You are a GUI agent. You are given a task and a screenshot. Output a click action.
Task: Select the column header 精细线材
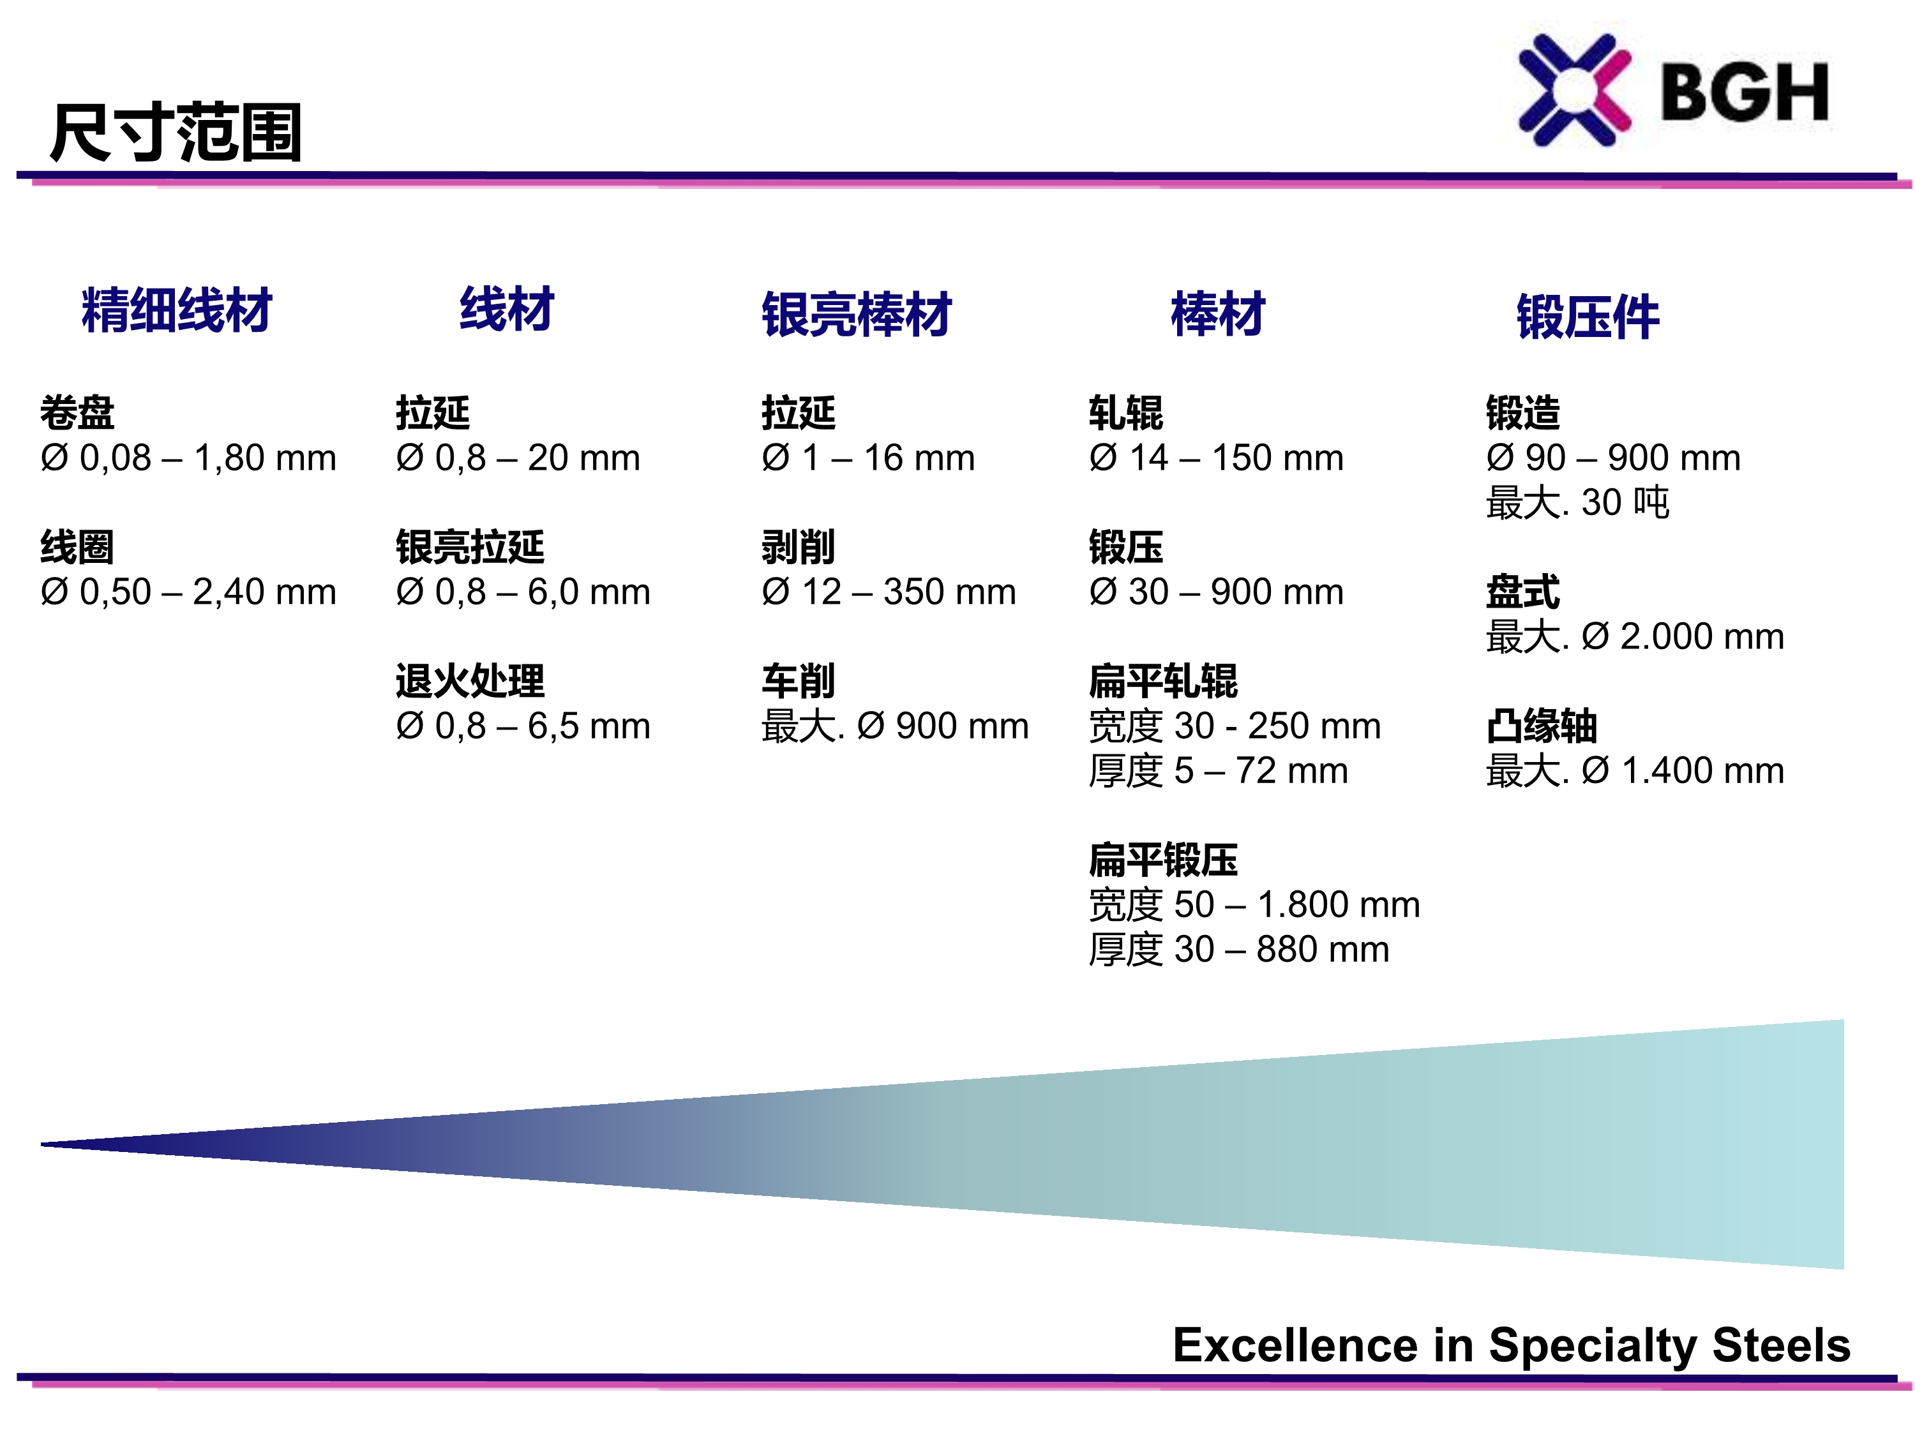click(177, 310)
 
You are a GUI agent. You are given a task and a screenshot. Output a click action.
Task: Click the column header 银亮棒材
click(856, 314)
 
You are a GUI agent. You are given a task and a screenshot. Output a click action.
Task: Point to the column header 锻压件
click(1588, 317)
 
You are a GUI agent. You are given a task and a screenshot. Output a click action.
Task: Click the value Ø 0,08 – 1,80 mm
click(188, 458)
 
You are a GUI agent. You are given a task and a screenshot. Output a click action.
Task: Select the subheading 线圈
click(77, 547)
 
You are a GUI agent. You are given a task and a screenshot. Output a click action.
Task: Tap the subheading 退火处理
click(470, 681)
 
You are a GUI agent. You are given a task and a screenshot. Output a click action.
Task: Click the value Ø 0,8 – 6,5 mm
click(523, 726)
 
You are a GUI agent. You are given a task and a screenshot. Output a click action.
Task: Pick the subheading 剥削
click(798, 547)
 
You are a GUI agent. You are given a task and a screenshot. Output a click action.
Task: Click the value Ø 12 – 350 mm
click(889, 592)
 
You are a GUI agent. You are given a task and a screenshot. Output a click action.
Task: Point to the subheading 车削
click(798, 681)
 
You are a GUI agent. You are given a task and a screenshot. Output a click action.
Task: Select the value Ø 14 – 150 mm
click(1217, 458)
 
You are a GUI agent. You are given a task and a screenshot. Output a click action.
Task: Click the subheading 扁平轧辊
click(1164, 681)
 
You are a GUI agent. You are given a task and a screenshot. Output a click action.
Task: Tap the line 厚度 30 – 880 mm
click(1239, 950)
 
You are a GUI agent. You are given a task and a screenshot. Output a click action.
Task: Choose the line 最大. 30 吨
click(1577, 503)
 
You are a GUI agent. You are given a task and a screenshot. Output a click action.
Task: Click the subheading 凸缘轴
click(1542, 726)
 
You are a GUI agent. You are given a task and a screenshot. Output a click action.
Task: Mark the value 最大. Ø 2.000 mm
click(1635, 637)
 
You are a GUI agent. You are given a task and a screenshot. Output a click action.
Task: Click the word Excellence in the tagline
click(1298, 1345)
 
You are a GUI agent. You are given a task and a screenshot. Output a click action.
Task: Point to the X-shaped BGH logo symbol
click(1575, 90)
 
